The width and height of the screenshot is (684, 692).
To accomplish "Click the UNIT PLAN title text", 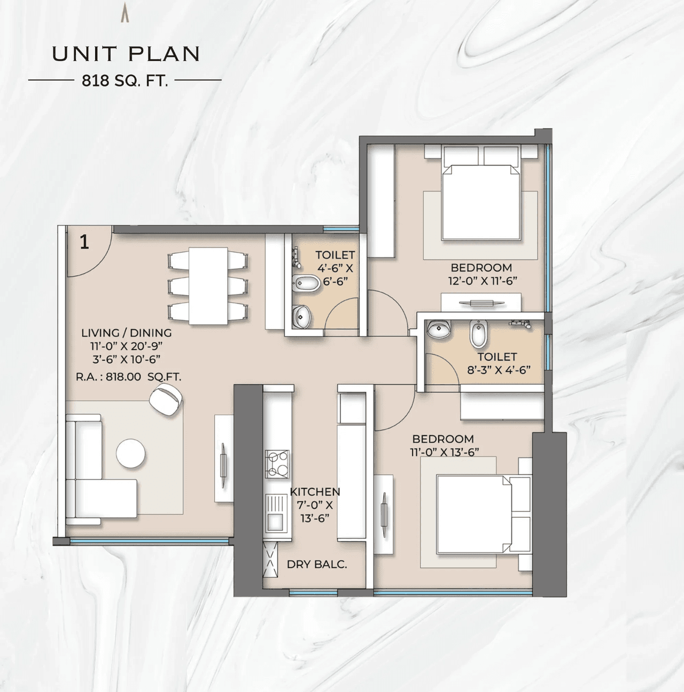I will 126,54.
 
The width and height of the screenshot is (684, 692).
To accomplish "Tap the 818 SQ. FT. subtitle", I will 125,81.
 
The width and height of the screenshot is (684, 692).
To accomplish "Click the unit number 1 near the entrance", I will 84,242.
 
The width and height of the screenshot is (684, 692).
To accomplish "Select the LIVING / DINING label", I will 126,332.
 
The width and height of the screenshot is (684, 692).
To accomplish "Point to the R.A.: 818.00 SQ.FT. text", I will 128,377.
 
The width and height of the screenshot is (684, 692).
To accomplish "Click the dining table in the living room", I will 208,285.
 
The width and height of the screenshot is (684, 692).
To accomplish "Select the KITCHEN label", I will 315,492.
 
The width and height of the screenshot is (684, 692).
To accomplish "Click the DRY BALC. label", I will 316,564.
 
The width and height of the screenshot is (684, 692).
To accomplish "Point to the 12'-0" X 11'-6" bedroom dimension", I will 483,281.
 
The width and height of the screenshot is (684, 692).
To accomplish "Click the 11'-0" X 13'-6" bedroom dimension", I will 445,452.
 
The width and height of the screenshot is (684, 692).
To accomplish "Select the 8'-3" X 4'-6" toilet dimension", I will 498,369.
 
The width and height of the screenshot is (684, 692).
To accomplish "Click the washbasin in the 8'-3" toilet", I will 439,330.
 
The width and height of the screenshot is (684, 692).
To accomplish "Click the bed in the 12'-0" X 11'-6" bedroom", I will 481,202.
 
